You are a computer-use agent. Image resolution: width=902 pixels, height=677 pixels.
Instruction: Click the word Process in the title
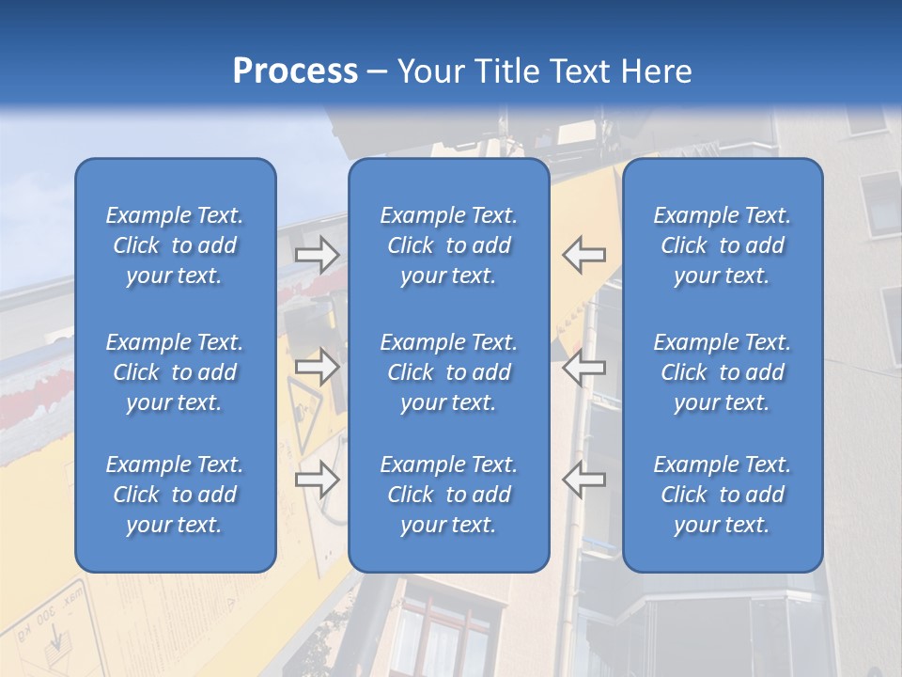pyautogui.click(x=295, y=71)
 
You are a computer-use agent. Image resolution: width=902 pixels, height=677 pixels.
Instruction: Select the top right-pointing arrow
pyautogui.click(x=317, y=255)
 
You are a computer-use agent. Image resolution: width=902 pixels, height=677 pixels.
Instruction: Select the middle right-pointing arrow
pyautogui.click(x=317, y=367)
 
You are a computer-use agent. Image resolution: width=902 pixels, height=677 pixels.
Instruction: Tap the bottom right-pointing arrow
pyautogui.click(x=317, y=479)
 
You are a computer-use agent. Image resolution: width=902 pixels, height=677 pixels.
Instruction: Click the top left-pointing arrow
pyautogui.click(x=583, y=255)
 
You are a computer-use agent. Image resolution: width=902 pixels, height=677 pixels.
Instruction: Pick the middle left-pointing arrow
pyautogui.click(x=583, y=367)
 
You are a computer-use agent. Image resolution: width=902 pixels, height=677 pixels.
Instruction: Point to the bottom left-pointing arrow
pyautogui.click(x=583, y=479)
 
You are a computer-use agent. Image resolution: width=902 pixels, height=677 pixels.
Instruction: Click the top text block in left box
pyautogui.click(x=175, y=245)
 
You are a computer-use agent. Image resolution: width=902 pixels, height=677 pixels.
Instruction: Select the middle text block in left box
pyautogui.click(x=175, y=372)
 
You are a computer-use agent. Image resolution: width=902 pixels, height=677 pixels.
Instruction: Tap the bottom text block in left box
pyautogui.click(x=175, y=495)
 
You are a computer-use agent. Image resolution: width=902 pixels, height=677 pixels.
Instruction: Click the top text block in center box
pyautogui.click(x=448, y=245)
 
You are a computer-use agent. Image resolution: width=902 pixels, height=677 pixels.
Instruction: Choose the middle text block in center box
pyautogui.click(x=448, y=372)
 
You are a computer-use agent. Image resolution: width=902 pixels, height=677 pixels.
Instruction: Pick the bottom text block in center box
pyautogui.click(x=448, y=495)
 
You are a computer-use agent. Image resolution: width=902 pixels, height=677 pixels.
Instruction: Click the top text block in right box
pyautogui.click(x=722, y=245)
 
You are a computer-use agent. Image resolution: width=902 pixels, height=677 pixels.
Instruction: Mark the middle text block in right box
pyautogui.click(x=722, y=372)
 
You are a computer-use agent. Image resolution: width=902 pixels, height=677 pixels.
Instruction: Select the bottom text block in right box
pyautogui.click(x=722, y=495)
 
